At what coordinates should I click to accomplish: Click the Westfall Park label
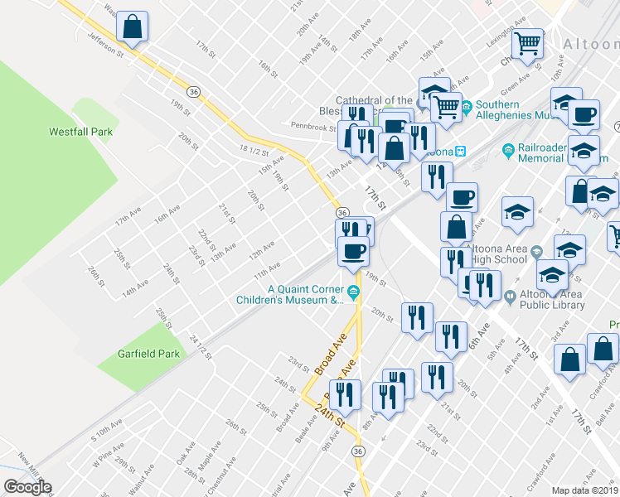click(80, 132)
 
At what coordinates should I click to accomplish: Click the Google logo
click(27, 487)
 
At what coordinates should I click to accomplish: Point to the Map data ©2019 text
click(585, 490)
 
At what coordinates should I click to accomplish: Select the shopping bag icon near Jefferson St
click(133, 27)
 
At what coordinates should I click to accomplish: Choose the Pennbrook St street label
click(312, 128)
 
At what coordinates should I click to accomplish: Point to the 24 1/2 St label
click(201, 346)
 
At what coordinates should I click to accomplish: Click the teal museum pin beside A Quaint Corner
click(354, 290)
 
